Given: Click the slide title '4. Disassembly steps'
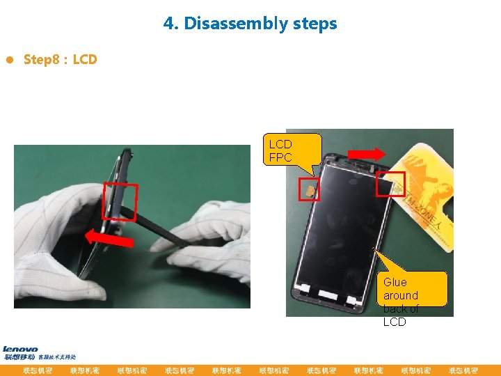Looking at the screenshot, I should click(250, 24).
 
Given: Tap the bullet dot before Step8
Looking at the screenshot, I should click(9, 60).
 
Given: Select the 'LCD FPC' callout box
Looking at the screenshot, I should click(296, 149).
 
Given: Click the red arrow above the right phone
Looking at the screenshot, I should click(365, 154).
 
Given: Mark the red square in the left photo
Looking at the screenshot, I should click(120, 201).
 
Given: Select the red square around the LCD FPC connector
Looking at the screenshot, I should click(310, 189).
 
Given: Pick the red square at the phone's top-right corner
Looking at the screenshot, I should click(390, 184).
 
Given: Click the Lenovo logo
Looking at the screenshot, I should click(21, 350).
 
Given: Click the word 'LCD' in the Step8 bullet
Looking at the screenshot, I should click(85, 60).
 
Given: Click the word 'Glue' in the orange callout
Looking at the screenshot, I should click(395, 282).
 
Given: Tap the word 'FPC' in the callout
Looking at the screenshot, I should click(281, 157).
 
